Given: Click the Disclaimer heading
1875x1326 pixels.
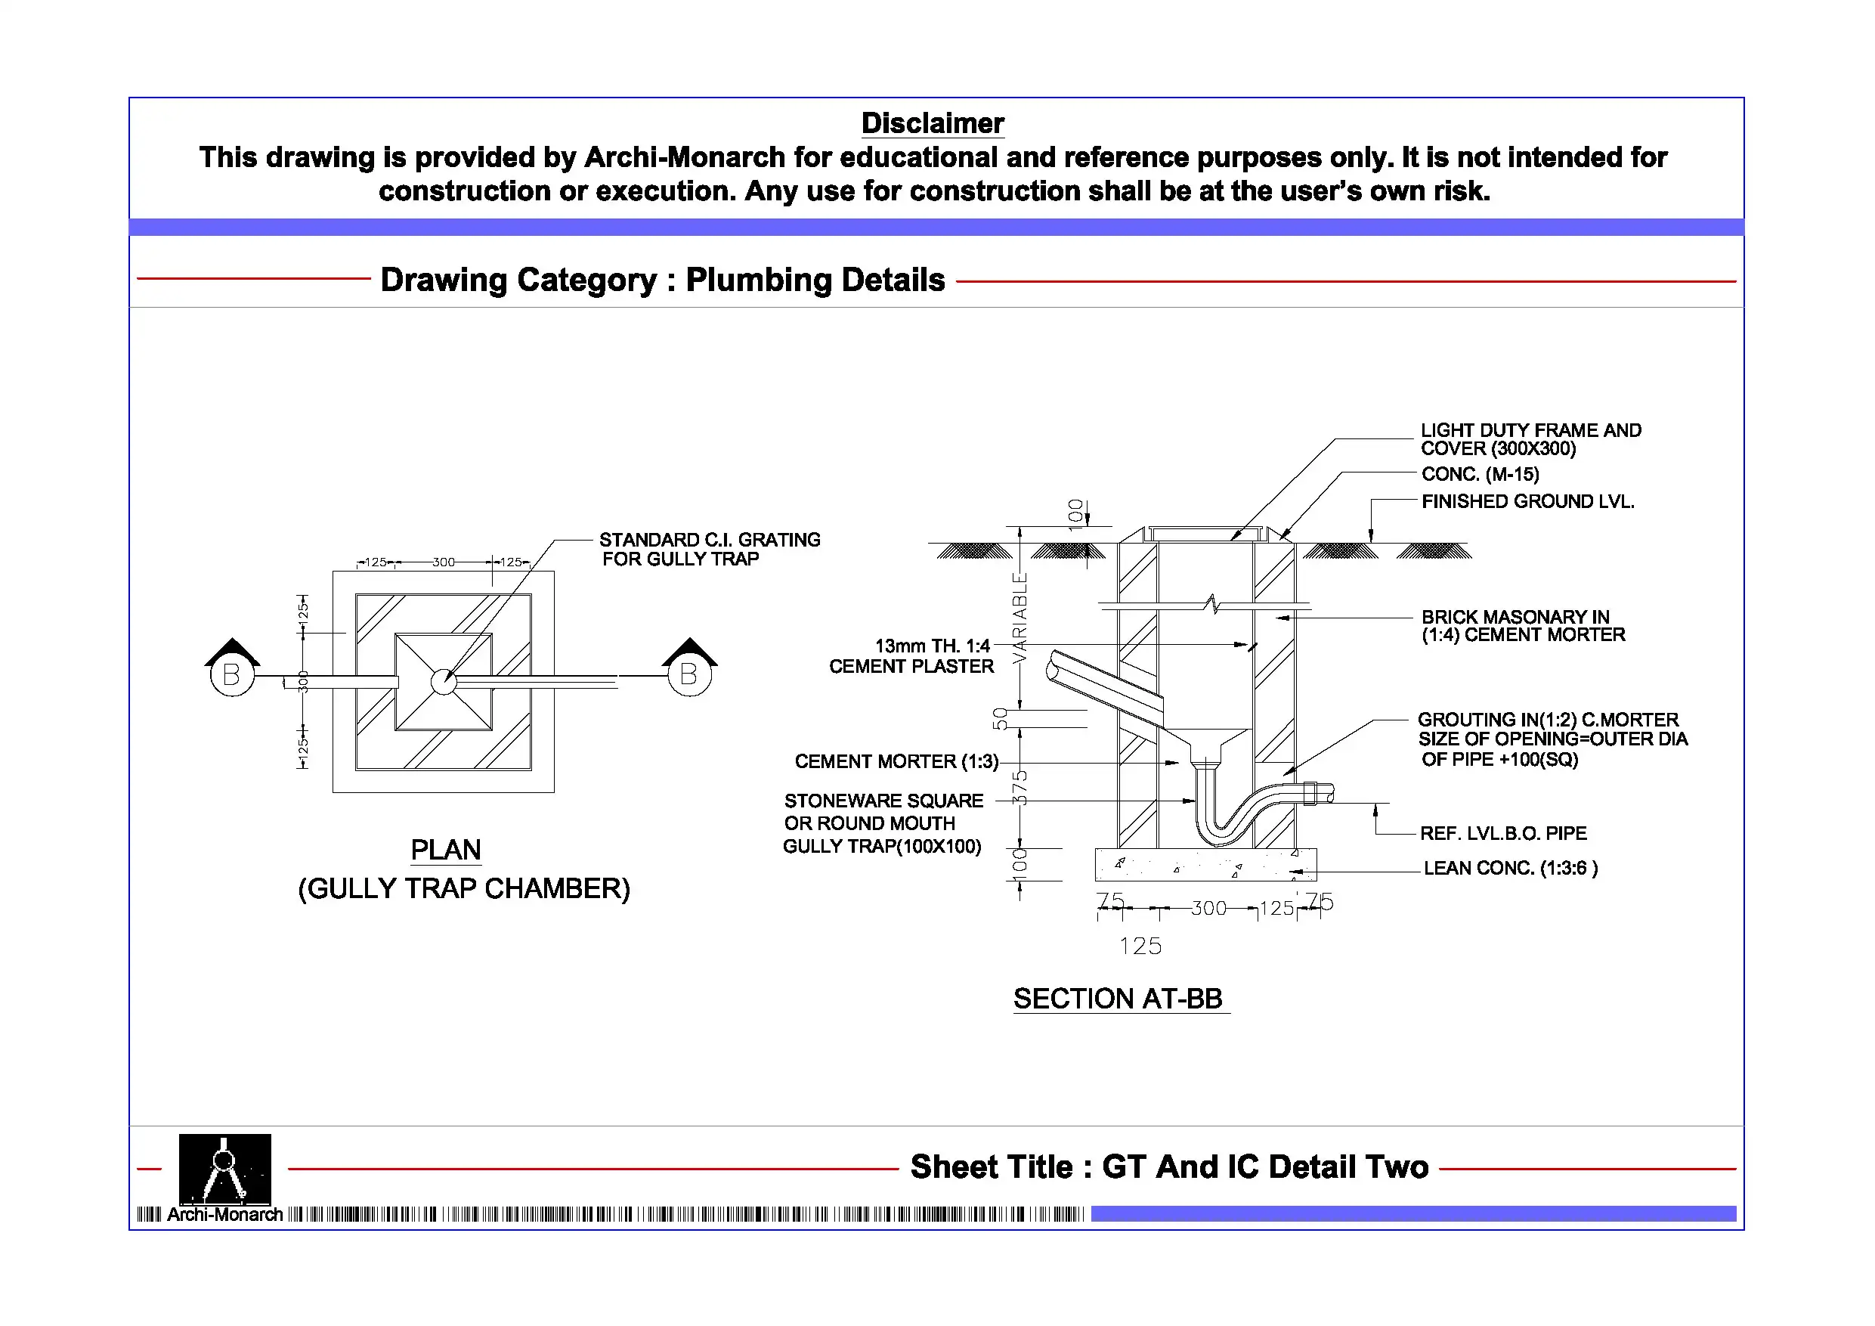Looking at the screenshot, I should (932, 123).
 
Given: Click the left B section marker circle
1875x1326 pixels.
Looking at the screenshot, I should (232, 675).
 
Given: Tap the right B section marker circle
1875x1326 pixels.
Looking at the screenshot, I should (689, 675).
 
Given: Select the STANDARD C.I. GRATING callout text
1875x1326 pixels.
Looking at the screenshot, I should (709, 549).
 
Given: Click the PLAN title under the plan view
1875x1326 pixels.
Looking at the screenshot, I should (445, 850).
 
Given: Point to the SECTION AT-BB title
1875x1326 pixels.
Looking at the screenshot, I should (1118, 999).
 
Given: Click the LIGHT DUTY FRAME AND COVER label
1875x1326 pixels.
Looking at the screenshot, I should (1530, 439).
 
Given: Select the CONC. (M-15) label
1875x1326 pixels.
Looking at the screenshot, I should (1480, 475).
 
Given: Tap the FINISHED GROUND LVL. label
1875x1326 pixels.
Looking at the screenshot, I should (1527, 502).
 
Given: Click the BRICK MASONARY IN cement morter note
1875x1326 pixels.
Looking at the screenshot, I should (1523, 626).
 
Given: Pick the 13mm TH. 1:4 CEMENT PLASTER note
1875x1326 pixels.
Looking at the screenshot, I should (912, 656).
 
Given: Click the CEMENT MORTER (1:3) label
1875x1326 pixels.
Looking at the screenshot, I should (896, 761).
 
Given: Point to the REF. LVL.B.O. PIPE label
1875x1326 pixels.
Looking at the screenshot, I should (1502, 833).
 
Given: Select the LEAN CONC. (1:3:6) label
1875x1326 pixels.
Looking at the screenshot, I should (1510, 869).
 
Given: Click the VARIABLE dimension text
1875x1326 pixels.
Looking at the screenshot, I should (1020, 618).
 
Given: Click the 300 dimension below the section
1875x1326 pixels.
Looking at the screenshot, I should (1208, 909).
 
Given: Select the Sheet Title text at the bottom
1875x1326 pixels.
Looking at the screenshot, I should (1168, 1166).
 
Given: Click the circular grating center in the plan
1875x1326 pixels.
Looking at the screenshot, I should (444, 681).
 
